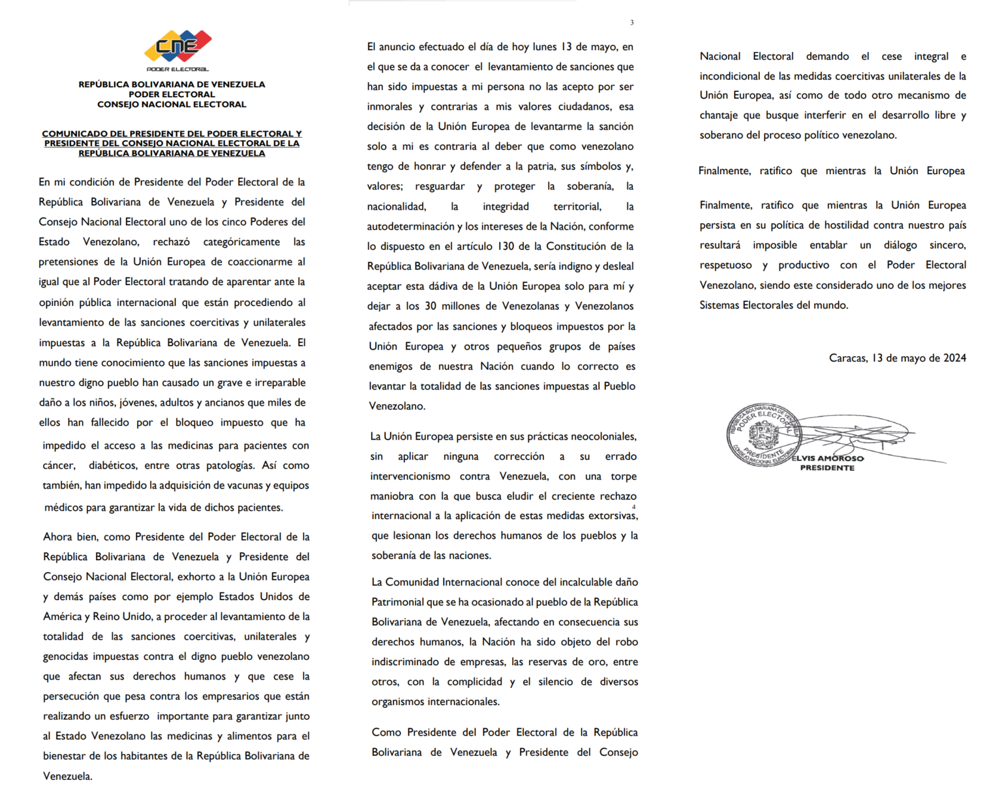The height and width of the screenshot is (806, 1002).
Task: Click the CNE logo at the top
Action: point(177,46)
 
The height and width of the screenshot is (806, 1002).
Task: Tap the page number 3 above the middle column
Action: point(631,23)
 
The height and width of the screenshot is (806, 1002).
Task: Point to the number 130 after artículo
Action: point(506,246)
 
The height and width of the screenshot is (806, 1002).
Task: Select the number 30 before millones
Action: point(431,306)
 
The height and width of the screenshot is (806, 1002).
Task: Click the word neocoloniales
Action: point(600,436)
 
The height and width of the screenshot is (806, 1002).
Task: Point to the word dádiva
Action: point(443,286)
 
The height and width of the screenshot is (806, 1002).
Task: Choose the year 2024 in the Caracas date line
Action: point(954,358)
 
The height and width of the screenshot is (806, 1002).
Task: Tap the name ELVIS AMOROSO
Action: point(827,458)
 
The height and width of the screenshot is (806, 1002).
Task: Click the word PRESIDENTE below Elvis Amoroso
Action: point(827,468)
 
